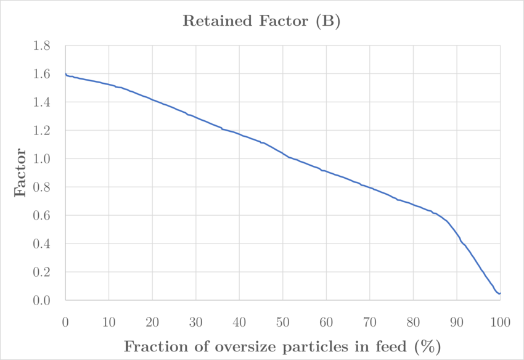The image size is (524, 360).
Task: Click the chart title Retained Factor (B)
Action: pyautogui.click(x=262, y=22)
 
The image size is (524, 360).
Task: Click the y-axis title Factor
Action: pyautogui.click(x=20, y=172)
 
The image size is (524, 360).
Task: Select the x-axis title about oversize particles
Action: pyautogui.click(x=282, y=346)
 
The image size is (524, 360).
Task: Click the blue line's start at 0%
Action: pyautogui.click(x=65, y=74)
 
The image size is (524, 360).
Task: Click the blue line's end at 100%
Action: pyautogui.click(x=500, y=293)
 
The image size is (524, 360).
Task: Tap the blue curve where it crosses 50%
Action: pyautogui.click(x=283, y=153)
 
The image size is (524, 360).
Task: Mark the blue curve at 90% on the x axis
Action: pyautogui.click(x=457, y=235)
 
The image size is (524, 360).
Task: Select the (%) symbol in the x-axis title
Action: pyautogui.click(x=428, y=346)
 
